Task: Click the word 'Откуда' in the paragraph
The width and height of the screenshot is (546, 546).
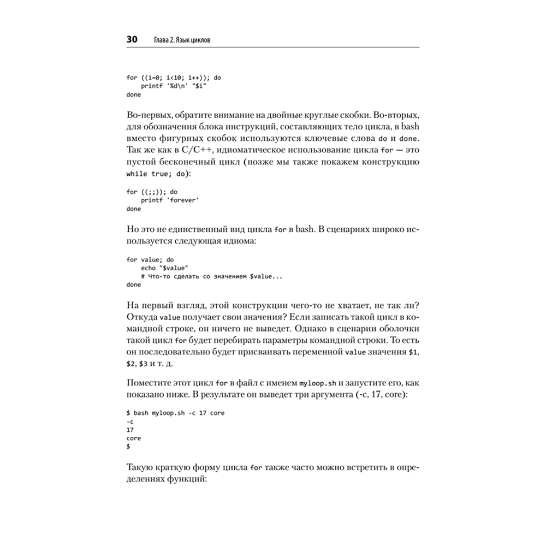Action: (x=141, y=317)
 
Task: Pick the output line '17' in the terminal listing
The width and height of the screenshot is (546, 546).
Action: (x=129, y=430)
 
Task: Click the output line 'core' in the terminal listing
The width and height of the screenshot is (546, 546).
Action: (x=133, y=438)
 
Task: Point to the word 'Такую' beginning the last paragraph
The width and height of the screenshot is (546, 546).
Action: (x=139, y=468)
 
